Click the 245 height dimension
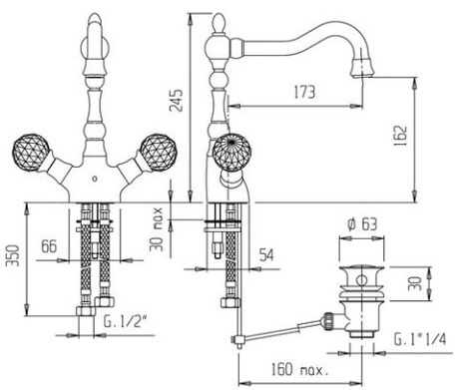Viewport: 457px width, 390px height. (x=176, y=101)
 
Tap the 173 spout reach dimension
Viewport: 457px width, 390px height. (x=304, y=92)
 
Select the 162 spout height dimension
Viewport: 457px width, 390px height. (x=400, y=136)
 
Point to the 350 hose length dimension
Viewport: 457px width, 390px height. (x=12, y=255)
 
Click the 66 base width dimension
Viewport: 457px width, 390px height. (x=49, y=246)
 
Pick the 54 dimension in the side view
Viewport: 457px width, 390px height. (x=266, y=255)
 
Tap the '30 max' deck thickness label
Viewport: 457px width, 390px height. (x=156, y=229)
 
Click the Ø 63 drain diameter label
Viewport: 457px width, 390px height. (x=363, y=224)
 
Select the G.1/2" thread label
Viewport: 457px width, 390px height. (x=126, y=321)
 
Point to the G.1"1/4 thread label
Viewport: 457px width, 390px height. (x=420, y=339)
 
